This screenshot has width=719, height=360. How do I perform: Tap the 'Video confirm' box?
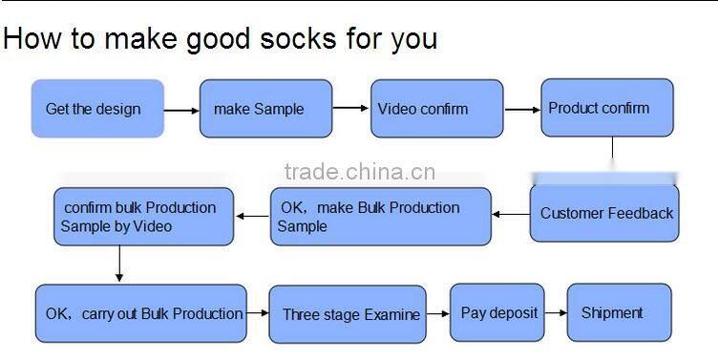point(436,109)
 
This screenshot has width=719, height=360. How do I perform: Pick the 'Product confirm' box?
point(607,108)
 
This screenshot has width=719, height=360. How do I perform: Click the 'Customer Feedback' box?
point(606,213)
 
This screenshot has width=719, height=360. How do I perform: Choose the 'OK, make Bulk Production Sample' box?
point(380,217)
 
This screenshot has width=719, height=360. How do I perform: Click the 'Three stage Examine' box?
point(348,314)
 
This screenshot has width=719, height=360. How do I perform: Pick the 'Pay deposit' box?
point(497,312)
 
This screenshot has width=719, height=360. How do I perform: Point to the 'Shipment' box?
point(619,312)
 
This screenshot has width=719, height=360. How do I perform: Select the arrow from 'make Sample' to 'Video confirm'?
point(350,108)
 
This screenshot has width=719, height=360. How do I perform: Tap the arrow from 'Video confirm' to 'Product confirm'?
point(521,109)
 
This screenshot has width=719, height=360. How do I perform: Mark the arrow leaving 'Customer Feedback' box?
point(510,214)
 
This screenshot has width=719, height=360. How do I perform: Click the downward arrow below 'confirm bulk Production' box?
point(119,264)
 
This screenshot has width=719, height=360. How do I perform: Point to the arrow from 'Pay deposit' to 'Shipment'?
point(556,313)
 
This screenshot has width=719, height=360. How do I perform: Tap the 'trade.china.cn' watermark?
point(360,173)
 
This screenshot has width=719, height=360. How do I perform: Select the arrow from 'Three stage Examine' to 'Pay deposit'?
point(438,313)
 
